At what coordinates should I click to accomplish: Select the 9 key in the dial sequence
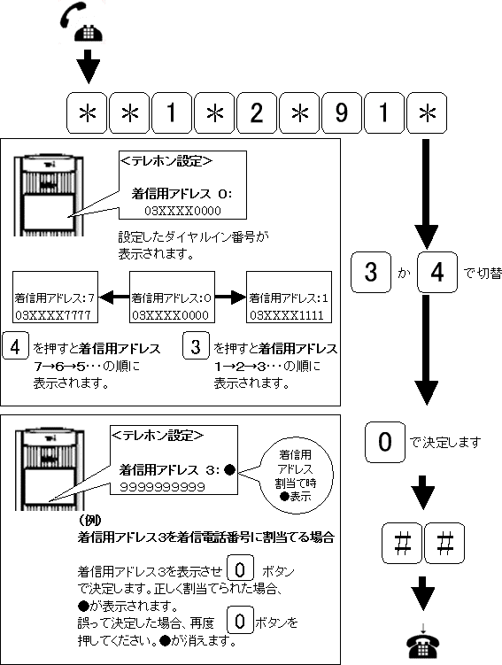click(x=342, y=112)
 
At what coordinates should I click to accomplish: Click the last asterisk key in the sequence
click(x=427, y=112)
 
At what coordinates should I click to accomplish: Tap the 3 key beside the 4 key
click(x=371, y=272)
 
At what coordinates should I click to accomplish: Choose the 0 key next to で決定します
click(x=385, y=442)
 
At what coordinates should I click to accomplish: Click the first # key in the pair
click(x=402, y=544)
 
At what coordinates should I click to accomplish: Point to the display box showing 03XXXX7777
click(x=55, y=298)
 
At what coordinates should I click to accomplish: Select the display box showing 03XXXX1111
click(x=290, y=298)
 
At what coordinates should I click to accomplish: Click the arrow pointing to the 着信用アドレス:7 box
click(x=114, y=298)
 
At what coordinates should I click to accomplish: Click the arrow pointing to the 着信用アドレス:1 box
click(x=231, y=298)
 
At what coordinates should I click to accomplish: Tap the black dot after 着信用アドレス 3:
click(x=229, y=470)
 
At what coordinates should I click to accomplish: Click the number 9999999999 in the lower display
click(x=162, y=487)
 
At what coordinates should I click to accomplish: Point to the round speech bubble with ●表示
click(x=296, y=476)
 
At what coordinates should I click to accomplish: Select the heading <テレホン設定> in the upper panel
click(x=166, y=161)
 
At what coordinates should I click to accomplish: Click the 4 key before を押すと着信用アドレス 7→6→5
click(x=15, y=345)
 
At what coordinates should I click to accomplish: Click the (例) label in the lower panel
click(x=90, y=520)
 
